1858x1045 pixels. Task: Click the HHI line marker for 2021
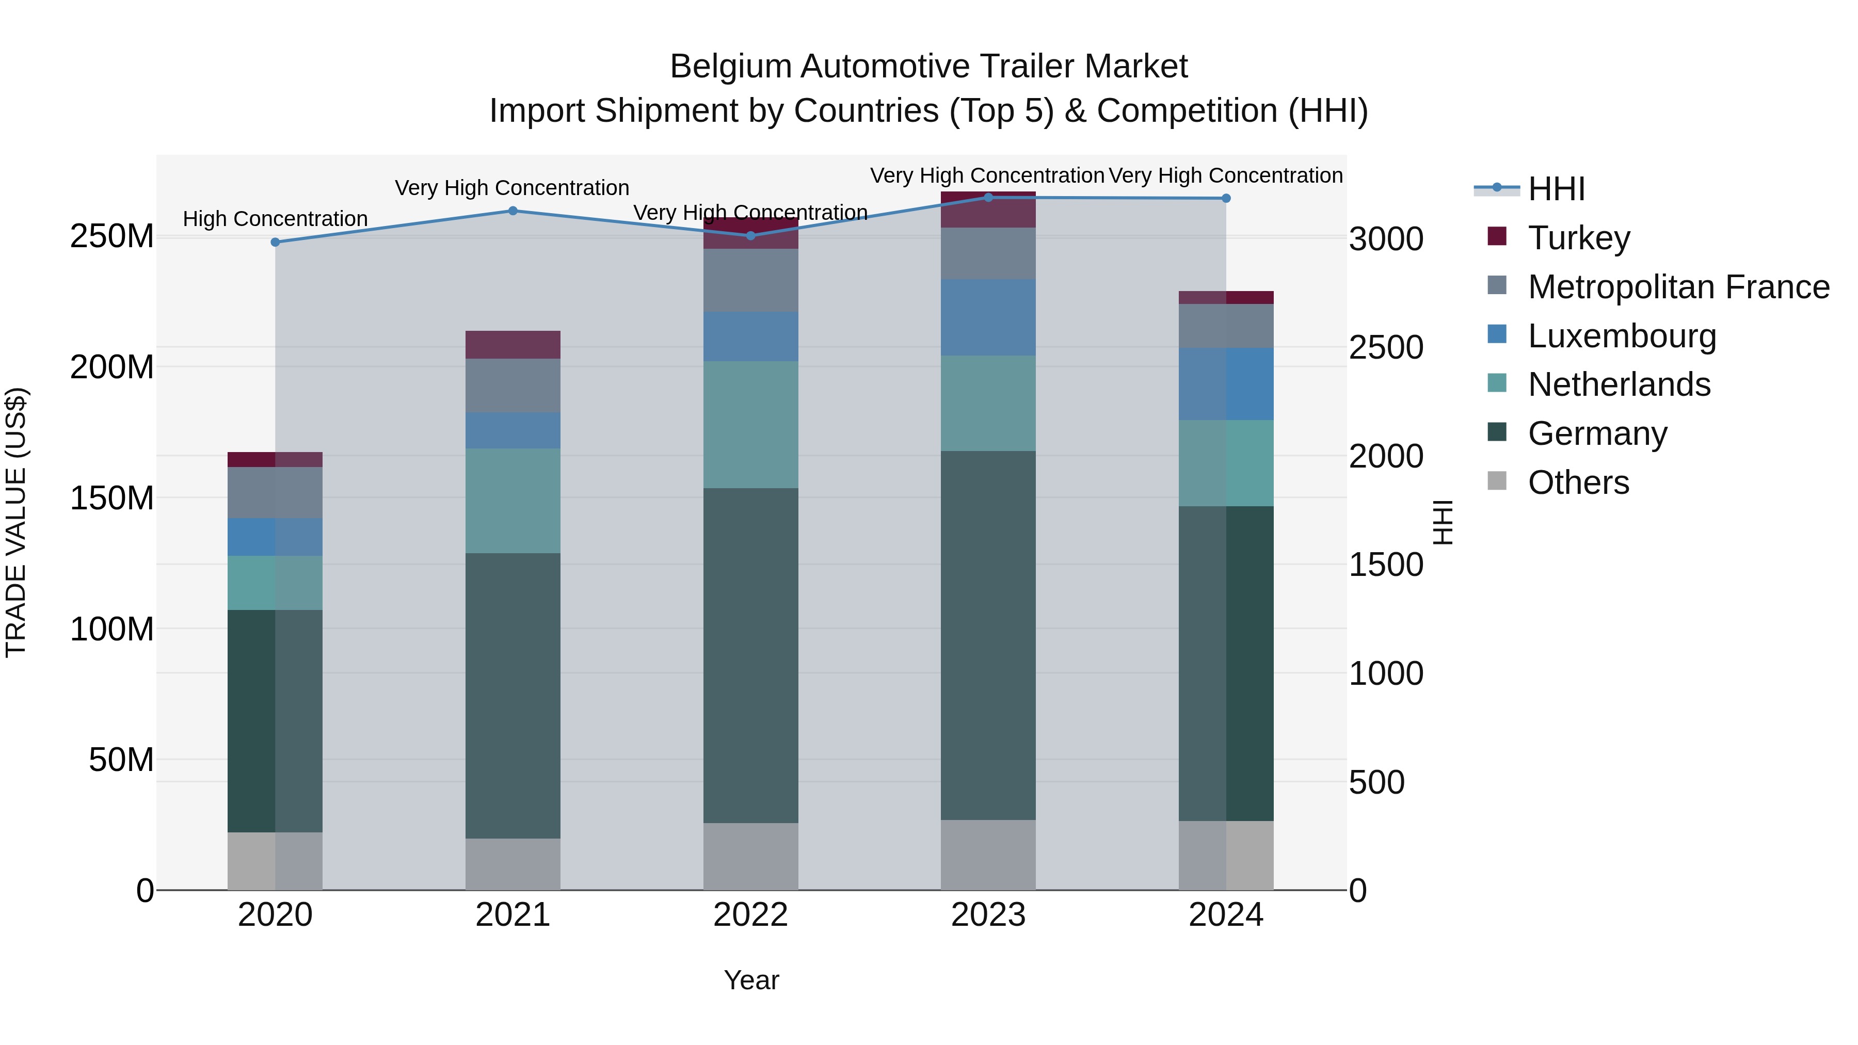tap(513, 211)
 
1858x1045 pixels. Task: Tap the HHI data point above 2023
tap(988, 198)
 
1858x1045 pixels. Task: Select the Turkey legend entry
tap(1579, 238)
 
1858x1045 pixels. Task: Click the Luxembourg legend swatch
tap(1497, 334)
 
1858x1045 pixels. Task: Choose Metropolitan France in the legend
tap(1678, 287)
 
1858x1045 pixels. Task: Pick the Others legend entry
tap(1578, 483)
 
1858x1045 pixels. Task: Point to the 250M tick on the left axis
tap(112, 236)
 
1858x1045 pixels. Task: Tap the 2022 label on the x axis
tap(750, 915)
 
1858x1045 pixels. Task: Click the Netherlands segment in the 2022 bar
tap(750, 425)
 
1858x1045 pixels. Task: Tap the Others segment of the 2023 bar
tap(988, 855)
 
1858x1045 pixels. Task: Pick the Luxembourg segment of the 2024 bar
tap(1226, 383)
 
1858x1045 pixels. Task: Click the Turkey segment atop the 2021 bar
tap(513, 345)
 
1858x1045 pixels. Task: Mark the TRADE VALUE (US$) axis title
tap(16, 522)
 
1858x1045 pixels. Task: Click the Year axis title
tap(751, 980)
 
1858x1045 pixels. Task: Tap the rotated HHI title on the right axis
tap(1442, 522)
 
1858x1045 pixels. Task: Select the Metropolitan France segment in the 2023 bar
tap(988, 253)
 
